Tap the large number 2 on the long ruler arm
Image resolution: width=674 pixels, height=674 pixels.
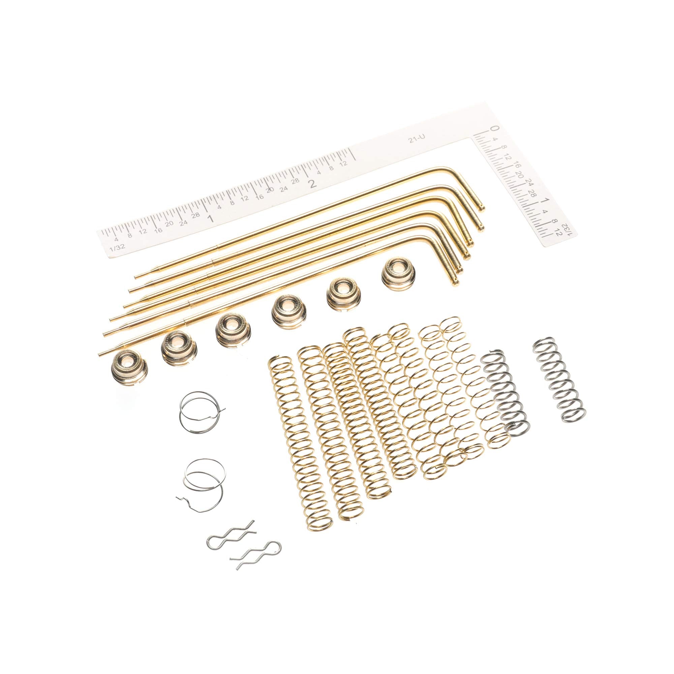coord(313,184)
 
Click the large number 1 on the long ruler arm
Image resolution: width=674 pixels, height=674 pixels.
coord(210,219)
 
